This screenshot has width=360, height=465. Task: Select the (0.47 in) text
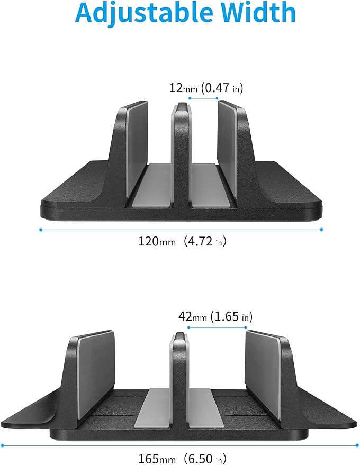(x=222, y=88)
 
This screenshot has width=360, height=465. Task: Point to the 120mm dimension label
(x=156, y=242)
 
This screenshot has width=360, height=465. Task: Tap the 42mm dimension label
(x=192, y=317)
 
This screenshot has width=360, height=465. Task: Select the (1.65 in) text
(x=231, y=317)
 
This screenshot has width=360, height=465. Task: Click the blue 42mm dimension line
(x=217, y=327)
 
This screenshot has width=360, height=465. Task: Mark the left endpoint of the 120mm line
(x=41, y=229)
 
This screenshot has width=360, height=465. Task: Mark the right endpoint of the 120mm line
(x=322, y=229)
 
